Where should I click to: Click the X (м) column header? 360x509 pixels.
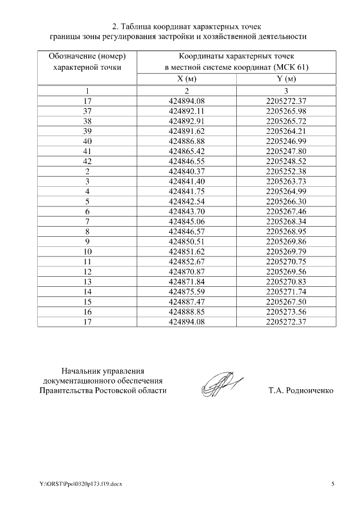(187, 79)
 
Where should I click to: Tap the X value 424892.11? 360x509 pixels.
(187, 111)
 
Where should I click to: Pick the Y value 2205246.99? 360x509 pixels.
(286, 141)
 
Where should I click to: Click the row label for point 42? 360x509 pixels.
(87, 161)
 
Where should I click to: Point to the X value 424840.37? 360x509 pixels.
(187, 171)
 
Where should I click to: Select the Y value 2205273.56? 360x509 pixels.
(286, 311)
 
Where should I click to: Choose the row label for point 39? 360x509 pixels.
(87, 131)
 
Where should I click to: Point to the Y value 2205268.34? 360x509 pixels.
(286, 221)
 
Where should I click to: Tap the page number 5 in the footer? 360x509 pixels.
(332, 484)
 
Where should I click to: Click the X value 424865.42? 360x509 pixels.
(187, 151)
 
